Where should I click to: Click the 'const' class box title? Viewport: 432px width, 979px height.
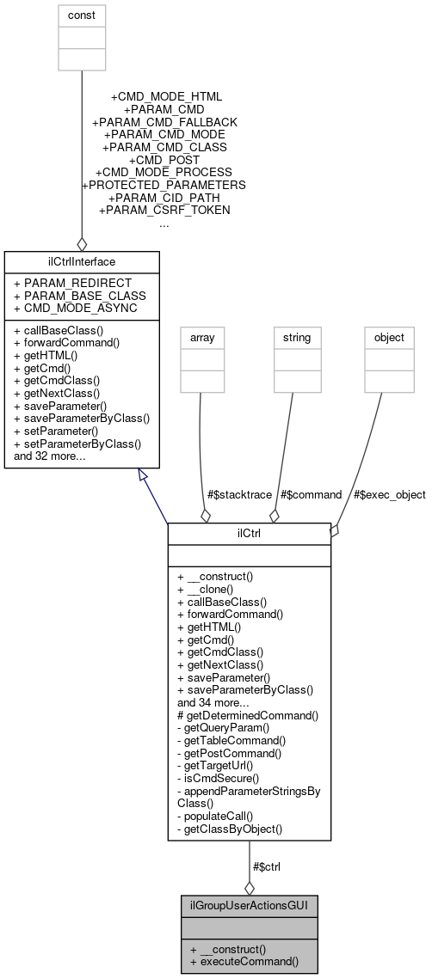pyautogui.click(x=82, y=15)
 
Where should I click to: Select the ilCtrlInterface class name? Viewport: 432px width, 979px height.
pyautogui.click(x=82, y=260)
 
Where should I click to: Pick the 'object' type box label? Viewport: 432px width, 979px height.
pyautogui.click(x=388, y=338)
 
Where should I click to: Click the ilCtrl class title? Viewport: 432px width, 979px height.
pyautogui.click(x=249, y=533)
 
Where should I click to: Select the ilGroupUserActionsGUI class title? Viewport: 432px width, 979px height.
pyautogui.click(x=249, y=906)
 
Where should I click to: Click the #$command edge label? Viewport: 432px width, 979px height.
pyautogui.click(x=312, y=494)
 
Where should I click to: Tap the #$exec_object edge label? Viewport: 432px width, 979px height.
pyautogui.click(x=390, y=494)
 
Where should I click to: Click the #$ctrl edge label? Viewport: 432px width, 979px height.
pyautogui.click(x=265, y=866)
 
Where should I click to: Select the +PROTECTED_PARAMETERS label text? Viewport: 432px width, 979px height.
pyautogui.click(x=164, y=185)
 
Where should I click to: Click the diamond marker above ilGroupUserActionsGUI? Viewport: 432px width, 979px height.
pyautogui.click(x=249, y=887)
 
